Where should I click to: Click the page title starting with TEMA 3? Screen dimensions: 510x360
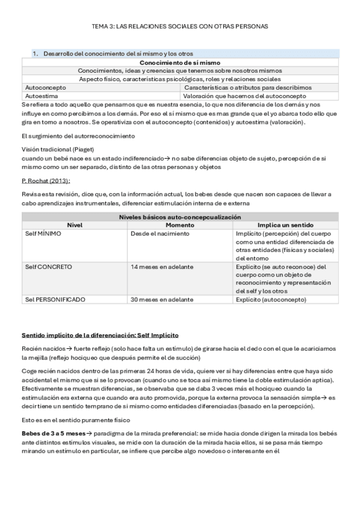(x=180, y=27)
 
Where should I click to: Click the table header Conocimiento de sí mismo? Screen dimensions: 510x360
(x=180, y=62)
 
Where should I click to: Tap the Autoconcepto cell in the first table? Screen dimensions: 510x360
(x=46, y=87)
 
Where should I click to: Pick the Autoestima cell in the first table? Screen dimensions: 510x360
(x=41, y=96)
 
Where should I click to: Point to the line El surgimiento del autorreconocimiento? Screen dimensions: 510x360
(x=79, y=137)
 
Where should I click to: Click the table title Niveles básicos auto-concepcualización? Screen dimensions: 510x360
(x=180, y=217)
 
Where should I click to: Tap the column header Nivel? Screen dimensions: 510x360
(x=75, y=225)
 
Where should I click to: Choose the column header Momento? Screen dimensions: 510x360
(x=180, y=225)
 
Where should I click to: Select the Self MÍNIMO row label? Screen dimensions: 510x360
(x=43, y=233)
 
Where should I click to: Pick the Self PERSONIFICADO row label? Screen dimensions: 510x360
(x=55, y=299)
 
